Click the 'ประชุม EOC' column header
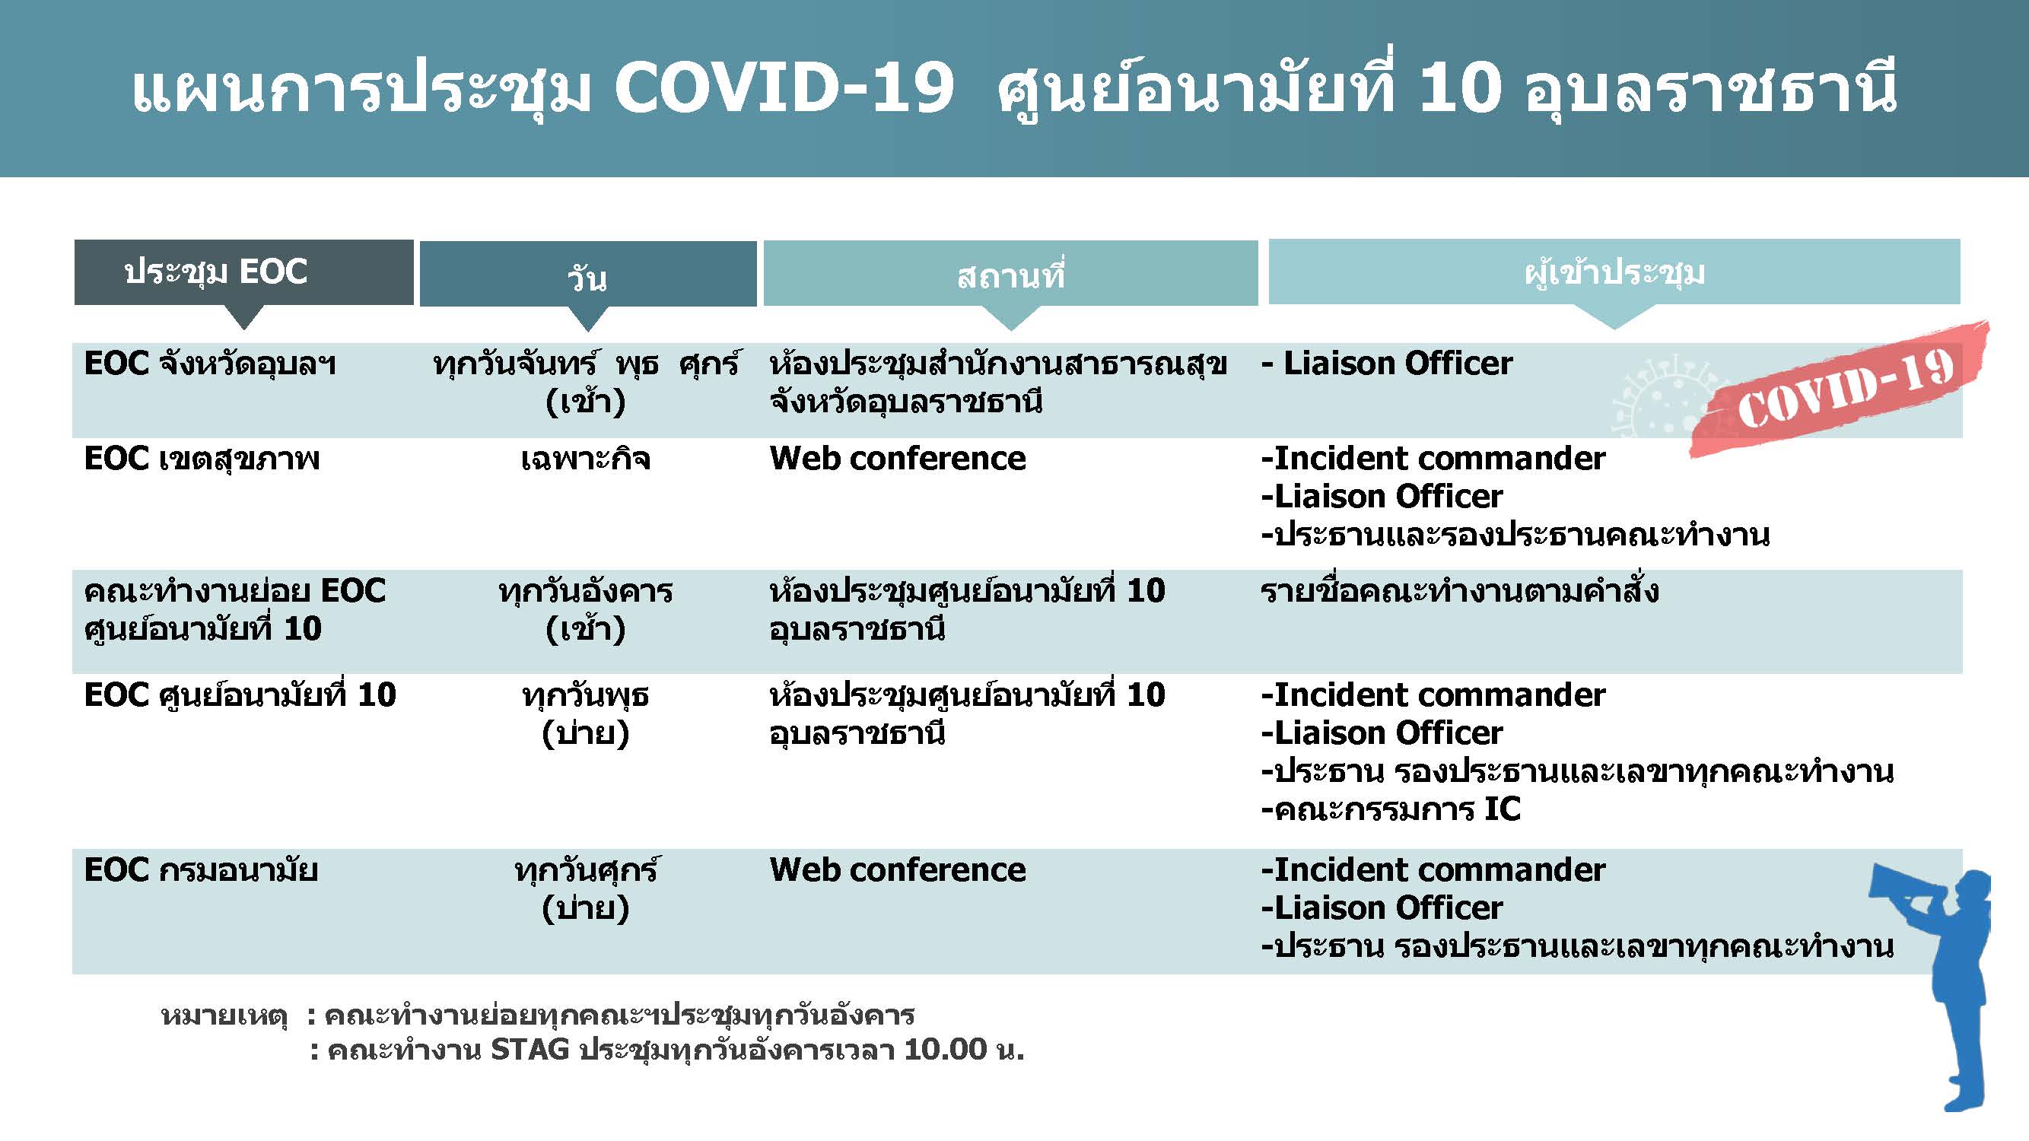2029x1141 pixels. point(243,272)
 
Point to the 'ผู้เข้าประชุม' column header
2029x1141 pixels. point(1614,272)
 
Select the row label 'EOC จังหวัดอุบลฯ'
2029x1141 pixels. point(209,364)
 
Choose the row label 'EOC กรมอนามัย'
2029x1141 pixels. point(201,870)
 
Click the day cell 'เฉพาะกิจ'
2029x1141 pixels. point(586,458)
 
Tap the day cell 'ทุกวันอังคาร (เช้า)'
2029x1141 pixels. point(586,609)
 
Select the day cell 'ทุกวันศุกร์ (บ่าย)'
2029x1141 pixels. point(586,889)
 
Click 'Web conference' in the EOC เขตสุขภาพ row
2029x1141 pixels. point(898,458)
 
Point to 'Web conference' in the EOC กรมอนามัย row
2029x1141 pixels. point(898,869)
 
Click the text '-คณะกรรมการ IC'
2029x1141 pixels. point(1391,809)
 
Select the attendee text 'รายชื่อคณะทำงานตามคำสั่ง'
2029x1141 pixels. point(1459,590)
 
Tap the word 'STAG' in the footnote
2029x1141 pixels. point(530,1050)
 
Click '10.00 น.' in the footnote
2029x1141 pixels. point(964,1050)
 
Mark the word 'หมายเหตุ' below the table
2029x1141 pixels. point(224,1015)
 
